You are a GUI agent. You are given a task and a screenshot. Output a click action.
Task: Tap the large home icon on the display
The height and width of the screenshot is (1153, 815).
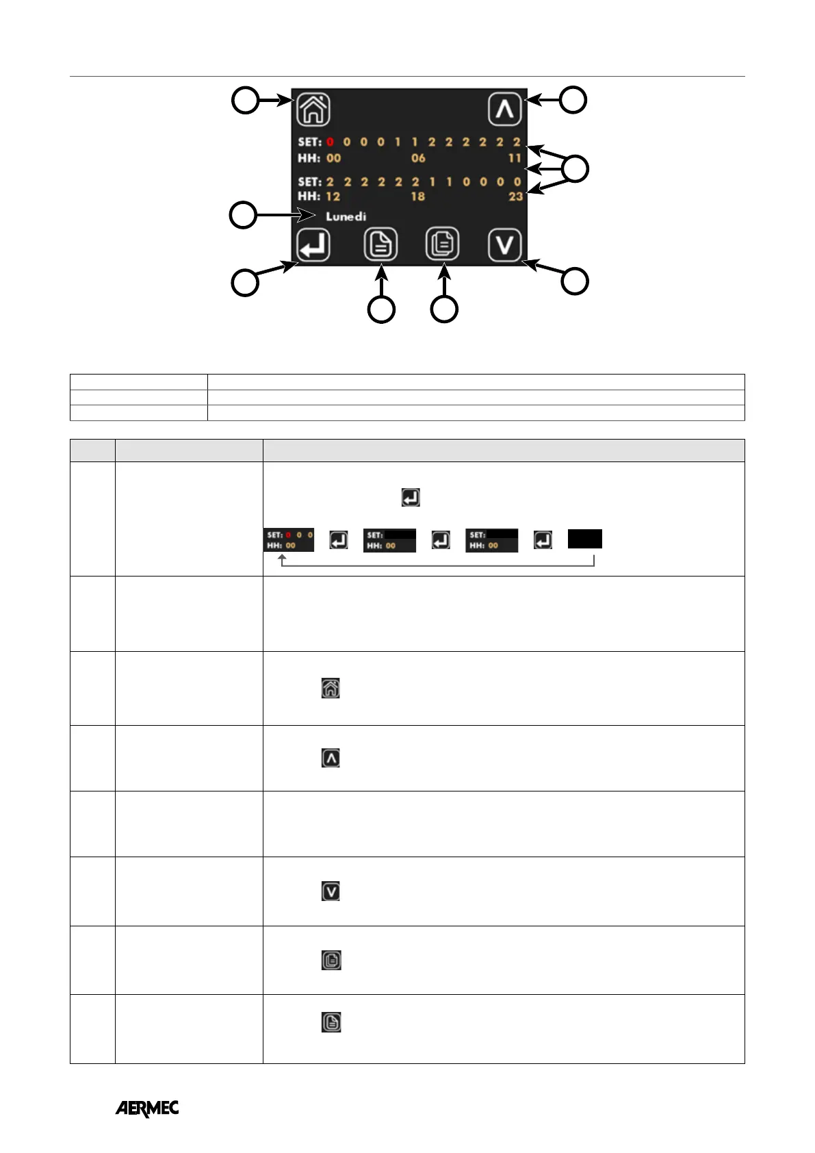point(313,109)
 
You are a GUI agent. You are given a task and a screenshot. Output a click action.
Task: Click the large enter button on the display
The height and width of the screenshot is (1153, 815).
point(313,245)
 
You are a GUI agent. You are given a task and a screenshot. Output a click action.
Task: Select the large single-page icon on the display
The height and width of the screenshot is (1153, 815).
point(380,244)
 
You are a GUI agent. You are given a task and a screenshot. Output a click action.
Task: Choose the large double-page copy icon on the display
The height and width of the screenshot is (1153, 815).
point(443,244)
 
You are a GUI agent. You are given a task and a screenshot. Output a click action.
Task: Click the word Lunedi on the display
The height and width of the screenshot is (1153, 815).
point(346,216)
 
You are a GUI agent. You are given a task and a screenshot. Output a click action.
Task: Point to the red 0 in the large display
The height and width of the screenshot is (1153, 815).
point(330,142)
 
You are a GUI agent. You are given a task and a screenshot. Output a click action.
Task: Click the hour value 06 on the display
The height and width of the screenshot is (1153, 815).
point(418,158)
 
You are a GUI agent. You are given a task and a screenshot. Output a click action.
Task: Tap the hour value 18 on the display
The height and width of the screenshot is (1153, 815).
point(417,197)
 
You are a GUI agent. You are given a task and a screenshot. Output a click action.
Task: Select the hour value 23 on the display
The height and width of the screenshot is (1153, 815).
point(515,197)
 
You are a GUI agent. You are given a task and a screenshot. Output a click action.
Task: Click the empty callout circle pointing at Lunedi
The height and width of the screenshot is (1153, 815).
point(243,215)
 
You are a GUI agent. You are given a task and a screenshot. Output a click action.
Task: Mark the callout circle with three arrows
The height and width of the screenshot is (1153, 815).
point(575,168)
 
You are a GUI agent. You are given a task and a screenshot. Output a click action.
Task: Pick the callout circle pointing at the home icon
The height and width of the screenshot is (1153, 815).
point(245,101)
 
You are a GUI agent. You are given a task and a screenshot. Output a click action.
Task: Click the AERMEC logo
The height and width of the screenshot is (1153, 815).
point(147,1108)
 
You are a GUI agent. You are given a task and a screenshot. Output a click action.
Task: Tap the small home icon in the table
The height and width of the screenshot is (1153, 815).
point(331,688)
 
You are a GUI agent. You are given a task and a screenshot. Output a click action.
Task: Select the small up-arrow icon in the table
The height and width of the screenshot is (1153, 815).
point(331,758)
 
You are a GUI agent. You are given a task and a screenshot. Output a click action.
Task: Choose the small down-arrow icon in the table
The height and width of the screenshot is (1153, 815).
point(331,891)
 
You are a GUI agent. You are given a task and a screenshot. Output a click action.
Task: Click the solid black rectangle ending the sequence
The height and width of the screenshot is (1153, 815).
point(585,539)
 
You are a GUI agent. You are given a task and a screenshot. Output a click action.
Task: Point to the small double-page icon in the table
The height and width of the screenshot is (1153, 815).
point(331,960)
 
